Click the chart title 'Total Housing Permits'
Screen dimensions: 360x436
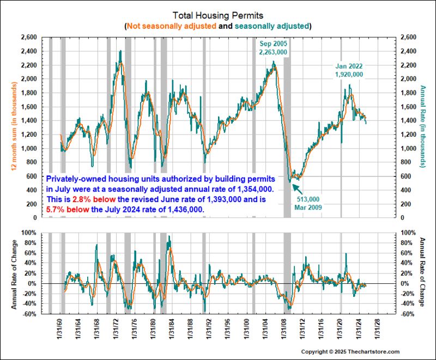(217, 15)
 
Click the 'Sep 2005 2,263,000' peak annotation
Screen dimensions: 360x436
(273, 47)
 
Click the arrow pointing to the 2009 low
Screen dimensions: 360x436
(297, 188)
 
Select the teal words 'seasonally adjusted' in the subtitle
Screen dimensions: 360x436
(276, 26)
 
